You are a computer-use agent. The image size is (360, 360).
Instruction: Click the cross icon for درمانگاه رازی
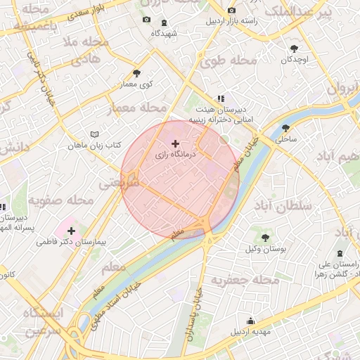[x=175, y=143]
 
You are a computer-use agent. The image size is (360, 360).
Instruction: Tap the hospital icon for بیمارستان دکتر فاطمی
[x=71, y=231]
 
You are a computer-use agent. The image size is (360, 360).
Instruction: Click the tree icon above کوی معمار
[x=136, y=73]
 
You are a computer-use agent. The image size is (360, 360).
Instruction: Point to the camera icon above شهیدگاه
[x=146, y=20]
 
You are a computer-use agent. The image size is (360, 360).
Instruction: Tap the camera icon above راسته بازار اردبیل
[x=232, y=11]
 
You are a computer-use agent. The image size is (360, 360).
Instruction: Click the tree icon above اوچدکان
[x=294, y=49]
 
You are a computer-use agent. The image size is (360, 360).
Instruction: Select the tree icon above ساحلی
[x=285, y=128]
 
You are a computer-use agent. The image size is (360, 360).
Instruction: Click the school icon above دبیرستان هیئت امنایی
[x=221, y=99]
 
